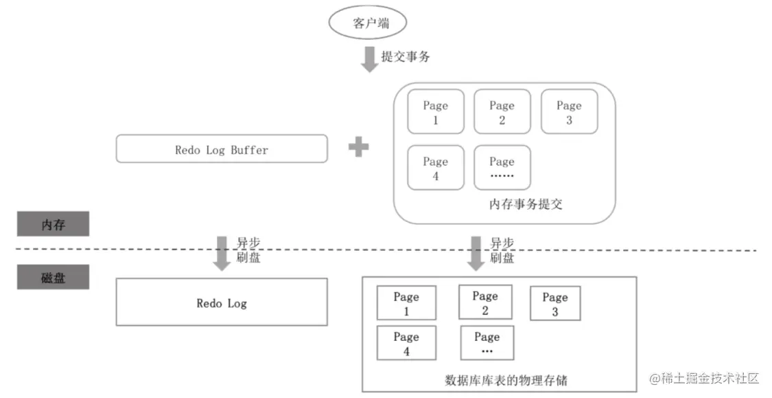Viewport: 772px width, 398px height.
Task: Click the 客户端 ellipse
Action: [x=368, y=22]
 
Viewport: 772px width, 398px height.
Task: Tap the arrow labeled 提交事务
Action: [x=369, y=59]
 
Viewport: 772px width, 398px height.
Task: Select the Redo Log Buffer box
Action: [x=222, y=148]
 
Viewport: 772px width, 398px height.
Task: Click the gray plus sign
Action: [x=358, y=147]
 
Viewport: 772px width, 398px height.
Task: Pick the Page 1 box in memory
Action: [x=436, y=111]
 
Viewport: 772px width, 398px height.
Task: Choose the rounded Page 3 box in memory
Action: [x=569, y=111]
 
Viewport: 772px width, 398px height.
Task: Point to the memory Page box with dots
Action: [x=502, y=167]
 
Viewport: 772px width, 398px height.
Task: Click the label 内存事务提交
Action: [x=526, y=204]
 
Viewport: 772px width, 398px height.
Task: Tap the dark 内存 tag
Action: [x=53, y=224]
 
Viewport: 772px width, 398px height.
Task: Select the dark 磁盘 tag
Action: [x=53, y=277]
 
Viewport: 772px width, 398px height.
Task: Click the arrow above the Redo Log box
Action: [x=222, y=253]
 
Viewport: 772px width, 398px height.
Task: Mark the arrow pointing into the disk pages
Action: [x=476, y=253]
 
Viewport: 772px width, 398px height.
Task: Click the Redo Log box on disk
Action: [x=222, y=302]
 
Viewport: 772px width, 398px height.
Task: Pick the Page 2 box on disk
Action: [x=485, y=302]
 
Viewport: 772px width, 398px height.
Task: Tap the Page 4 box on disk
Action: [x=407, y=343]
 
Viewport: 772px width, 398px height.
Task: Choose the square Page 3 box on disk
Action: [x=555, y=303]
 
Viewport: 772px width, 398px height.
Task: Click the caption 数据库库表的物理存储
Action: [x=506, y=380]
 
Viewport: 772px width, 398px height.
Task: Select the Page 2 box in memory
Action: [x=502, y=111]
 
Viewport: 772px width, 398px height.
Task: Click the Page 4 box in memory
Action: [x=436, y=167]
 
